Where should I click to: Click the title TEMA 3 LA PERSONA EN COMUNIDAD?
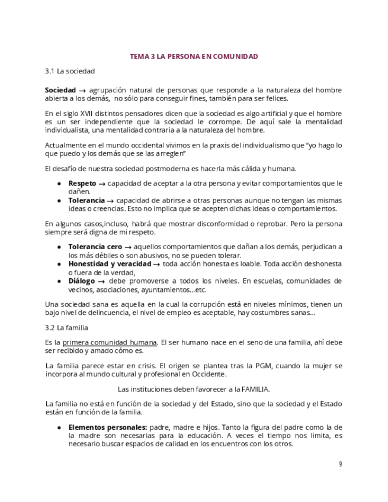point(194,57)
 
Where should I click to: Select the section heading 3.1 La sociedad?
point(70,71)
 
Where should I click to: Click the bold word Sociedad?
point(60,90)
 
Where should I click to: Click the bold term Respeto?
point(82,183)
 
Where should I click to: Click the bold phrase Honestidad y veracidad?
point(110,263)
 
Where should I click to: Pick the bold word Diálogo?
point(82,281)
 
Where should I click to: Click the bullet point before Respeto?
point(59,184)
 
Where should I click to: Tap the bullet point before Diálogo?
point(59,281)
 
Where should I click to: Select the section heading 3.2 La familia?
point(67,327)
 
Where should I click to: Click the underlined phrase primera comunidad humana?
point(110,342)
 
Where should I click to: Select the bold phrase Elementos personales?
point(108,427)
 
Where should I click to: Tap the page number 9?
point(340,464)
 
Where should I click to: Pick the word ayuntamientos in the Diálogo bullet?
point(164,289)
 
